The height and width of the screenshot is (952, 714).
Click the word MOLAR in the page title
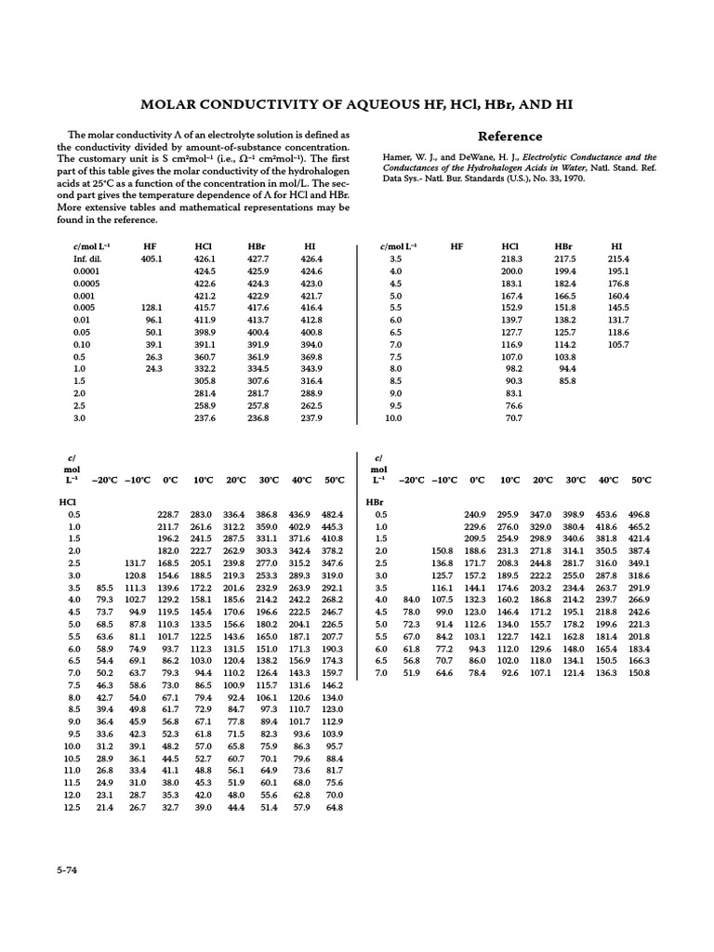coord(167,103)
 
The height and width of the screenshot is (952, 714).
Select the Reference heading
coord(509,136)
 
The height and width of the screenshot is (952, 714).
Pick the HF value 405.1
coord(152,258)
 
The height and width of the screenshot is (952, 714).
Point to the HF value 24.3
coord(153,368)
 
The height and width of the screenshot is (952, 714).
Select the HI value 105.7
coord(618,344)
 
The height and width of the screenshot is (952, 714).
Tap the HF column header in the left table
coord(151,246)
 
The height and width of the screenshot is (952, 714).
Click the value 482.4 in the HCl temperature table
coord(332,514)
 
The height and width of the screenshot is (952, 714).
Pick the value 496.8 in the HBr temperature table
coord(641,514)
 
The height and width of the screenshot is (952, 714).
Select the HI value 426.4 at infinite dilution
coord(311,258)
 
